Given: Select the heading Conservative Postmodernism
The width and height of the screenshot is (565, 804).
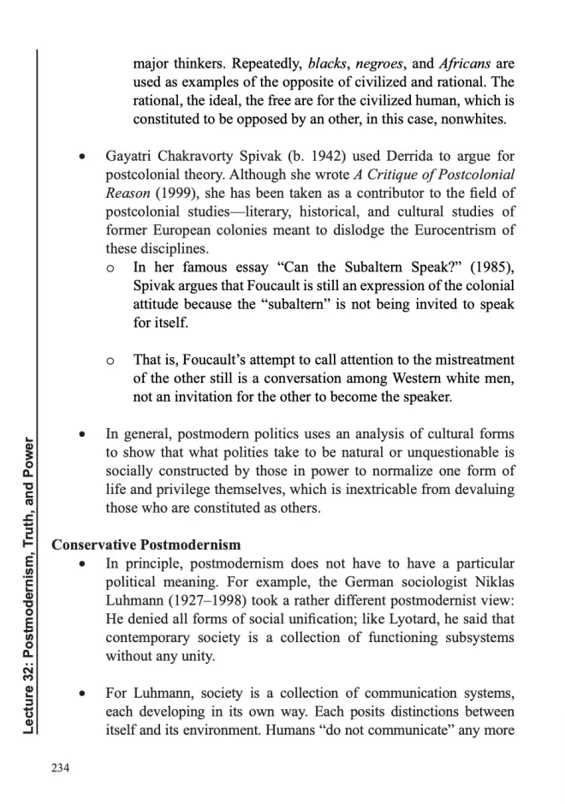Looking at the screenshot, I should coord(146,545).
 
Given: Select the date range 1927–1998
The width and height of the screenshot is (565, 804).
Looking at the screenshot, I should coord(209,601).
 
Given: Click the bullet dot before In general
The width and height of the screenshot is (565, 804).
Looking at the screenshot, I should coord(81,435).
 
